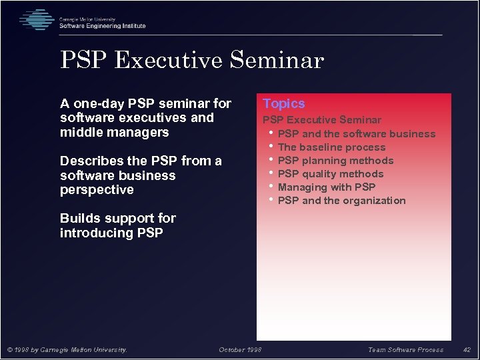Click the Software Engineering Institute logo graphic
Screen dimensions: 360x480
[36, 20]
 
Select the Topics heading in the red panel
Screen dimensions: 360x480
[283, 103]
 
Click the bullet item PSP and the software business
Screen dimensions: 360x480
[356, 134]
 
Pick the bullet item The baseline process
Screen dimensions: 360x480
[331, 147]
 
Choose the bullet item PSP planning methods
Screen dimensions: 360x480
[335, 161]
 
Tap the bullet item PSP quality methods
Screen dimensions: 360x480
[331, 174]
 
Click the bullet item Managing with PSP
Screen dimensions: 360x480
[327, 187]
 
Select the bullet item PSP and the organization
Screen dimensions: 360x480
[341, 201]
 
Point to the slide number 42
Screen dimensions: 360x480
[467, 350]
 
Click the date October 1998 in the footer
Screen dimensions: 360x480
[240, 350]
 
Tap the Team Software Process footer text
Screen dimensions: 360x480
[405, 350]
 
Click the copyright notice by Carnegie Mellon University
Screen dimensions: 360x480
[67, 350]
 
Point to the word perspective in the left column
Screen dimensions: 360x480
[97, 190]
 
